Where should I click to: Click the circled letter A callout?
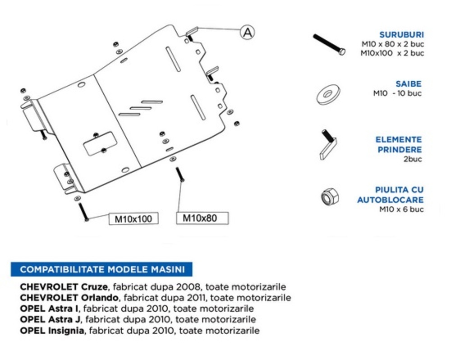[x=247, y=32]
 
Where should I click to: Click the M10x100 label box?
[x=133, y=219]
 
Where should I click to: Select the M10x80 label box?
[x=202, y=218]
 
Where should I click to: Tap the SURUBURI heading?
[x=401, y=35]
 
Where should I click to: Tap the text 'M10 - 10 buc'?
[x=397, y=93]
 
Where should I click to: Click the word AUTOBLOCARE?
[x=391, y=200]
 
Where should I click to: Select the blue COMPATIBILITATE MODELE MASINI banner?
[x=102, y=269]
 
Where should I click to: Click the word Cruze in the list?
[x=95, y=287]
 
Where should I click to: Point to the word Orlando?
[x=100, y=298]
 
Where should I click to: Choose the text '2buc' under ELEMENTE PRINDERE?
[x=413, y=159]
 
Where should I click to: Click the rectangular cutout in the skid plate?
[x=100, y=143]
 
